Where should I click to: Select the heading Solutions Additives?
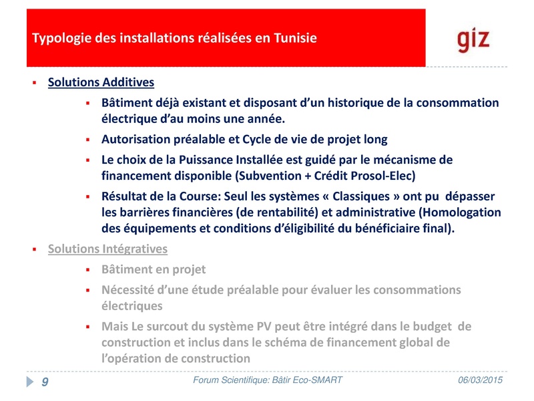[101, 83]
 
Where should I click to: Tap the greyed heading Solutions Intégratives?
[107, 249]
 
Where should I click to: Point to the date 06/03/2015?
[481, 380]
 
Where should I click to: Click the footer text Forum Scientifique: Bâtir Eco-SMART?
[267, 380]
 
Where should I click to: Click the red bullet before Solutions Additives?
[33, 83]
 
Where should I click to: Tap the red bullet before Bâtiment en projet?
[87, 270]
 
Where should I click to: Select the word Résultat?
[127, 197]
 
